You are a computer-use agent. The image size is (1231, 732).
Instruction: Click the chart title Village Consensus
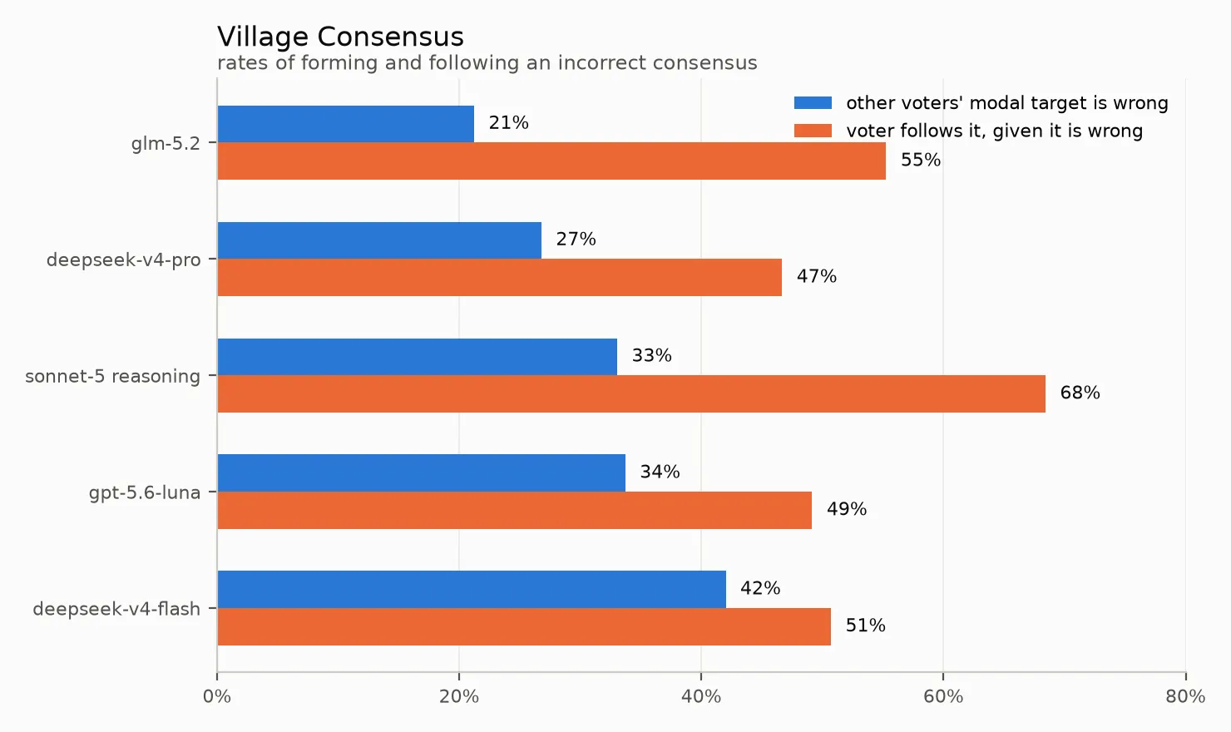(340, 37)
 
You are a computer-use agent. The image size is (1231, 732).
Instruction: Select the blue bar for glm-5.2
(346, 124)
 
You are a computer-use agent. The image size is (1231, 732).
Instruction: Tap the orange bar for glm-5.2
(551, 161)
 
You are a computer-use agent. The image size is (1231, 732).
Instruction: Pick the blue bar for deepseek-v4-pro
(379, 240)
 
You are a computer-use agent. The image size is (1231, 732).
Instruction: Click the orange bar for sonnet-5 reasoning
(631, 394)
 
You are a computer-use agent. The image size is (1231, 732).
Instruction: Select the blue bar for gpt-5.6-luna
(422, 473)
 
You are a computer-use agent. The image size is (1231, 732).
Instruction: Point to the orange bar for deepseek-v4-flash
(524, 626)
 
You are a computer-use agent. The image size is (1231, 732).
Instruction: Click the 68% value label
(1080, 393)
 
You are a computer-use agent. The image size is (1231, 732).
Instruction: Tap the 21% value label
(508, 122)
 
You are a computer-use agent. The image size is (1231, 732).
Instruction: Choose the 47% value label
(817, 276)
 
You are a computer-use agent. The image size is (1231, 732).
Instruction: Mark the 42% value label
(760, 589)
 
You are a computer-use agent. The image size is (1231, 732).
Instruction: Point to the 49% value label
(847, 509)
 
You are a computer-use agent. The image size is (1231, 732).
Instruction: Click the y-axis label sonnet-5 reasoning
(112, 377)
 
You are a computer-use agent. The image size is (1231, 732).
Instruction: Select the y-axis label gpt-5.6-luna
(145, 493)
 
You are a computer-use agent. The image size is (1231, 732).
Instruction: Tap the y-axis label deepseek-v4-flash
(116, 609)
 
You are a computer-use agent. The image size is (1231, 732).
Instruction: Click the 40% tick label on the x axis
(700, 697)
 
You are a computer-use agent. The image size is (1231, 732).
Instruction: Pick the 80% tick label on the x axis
(1185, 697)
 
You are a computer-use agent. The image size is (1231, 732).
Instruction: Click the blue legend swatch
(813, 103)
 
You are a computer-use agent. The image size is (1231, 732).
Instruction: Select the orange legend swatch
(813, 131)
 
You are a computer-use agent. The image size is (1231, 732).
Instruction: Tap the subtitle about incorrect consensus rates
(487, 63)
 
